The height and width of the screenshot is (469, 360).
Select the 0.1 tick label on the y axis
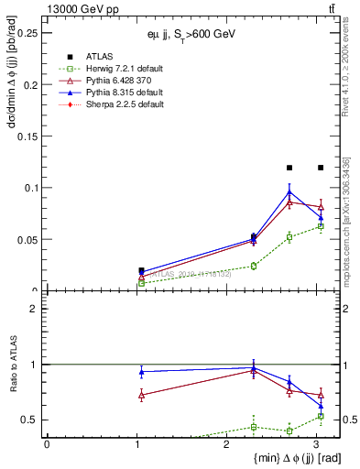tap(32, 188)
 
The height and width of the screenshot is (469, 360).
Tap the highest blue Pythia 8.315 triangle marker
tap(289, 191)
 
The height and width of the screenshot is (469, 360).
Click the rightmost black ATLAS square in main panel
tap(321, 168)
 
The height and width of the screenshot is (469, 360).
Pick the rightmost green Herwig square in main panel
tap(321, 226)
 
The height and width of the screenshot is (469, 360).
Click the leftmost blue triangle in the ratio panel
tap(141, 372)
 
